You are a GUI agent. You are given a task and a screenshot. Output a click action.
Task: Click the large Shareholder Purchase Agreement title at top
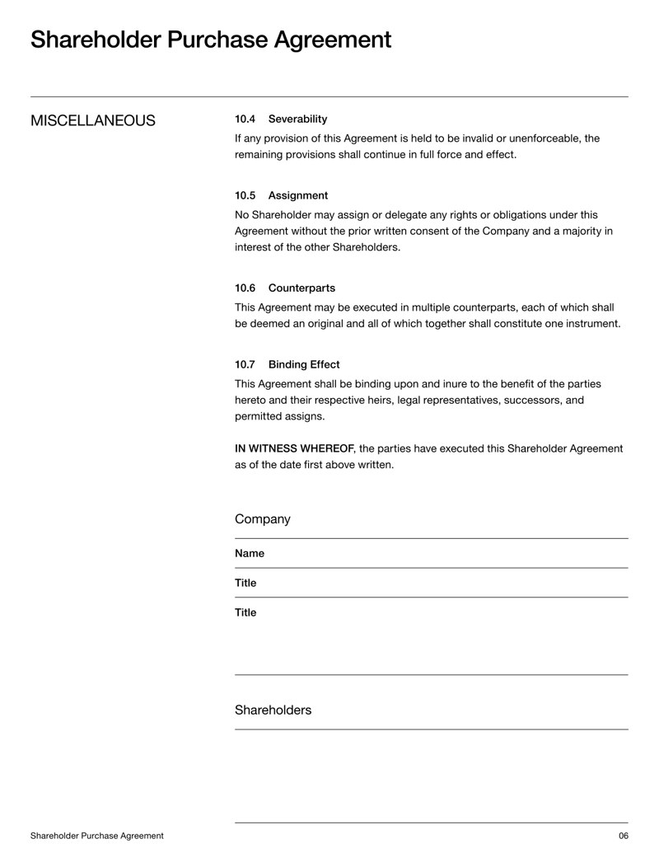pos(211,40)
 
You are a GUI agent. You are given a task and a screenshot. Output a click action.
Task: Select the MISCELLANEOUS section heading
pos(92,121)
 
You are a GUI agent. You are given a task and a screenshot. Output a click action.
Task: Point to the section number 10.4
pos(245,120)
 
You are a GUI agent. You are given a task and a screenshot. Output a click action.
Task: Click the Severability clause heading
pos(297,120)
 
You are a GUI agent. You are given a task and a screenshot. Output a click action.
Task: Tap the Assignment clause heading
pos(297,195)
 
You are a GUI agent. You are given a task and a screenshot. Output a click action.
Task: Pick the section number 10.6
pos(245,288)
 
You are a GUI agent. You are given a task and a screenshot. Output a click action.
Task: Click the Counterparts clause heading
pos(301,288)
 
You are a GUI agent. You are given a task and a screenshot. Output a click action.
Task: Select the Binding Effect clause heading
pos(303,364)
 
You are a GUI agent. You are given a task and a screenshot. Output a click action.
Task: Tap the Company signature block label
pos(262,519)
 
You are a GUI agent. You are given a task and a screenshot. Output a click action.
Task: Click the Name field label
pos(250,554)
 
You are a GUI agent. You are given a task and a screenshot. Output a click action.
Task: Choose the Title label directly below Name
pos(245,584)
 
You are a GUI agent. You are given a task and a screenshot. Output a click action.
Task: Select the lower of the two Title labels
pos(245,613)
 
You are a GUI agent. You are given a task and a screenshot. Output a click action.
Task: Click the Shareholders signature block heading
pos(273,710)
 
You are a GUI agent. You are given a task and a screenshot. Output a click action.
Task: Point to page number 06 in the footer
pos(623,836)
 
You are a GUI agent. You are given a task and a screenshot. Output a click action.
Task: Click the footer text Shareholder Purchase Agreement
pos(96,836)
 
